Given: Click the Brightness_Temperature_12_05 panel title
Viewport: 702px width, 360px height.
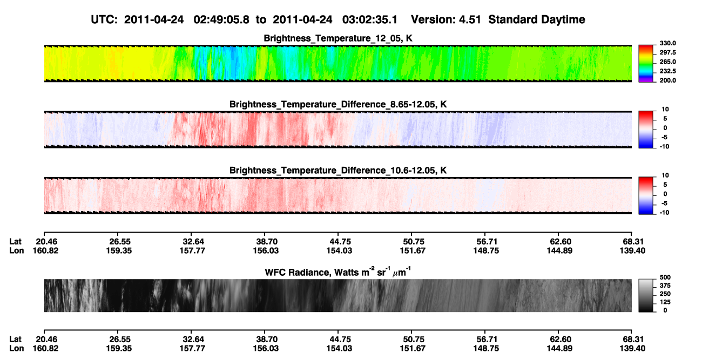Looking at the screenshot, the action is coord(338,38).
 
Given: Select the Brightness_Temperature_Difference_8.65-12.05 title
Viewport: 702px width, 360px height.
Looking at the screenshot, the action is coord(338,104).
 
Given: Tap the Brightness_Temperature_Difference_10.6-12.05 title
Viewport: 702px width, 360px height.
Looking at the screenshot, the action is coord(338,171).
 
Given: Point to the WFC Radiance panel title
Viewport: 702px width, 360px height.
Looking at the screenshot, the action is coord(338,272).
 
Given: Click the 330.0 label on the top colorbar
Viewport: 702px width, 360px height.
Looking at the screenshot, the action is coord(668,43).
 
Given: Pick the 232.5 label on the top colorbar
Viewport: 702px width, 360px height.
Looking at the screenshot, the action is coord(668,71).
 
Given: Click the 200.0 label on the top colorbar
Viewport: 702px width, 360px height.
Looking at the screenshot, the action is coord(668,80).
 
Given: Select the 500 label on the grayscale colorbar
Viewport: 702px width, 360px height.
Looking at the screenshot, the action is coord(665,277).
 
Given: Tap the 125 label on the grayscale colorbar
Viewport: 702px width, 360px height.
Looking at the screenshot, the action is coord(665,302).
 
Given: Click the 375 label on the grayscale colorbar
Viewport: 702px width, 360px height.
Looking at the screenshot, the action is coord(665,286).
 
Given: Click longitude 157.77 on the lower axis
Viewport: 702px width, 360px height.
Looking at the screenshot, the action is coord(192,349).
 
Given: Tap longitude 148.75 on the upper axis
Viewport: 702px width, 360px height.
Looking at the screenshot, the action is coord(486,250).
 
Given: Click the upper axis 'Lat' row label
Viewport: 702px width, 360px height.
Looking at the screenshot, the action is coord(15,242).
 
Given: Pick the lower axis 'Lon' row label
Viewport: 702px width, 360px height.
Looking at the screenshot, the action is coord(16,349).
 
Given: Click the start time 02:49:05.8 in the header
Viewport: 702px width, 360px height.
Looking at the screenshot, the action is coord(221,20).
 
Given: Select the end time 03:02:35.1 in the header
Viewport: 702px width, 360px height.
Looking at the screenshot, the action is coord(370,20).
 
